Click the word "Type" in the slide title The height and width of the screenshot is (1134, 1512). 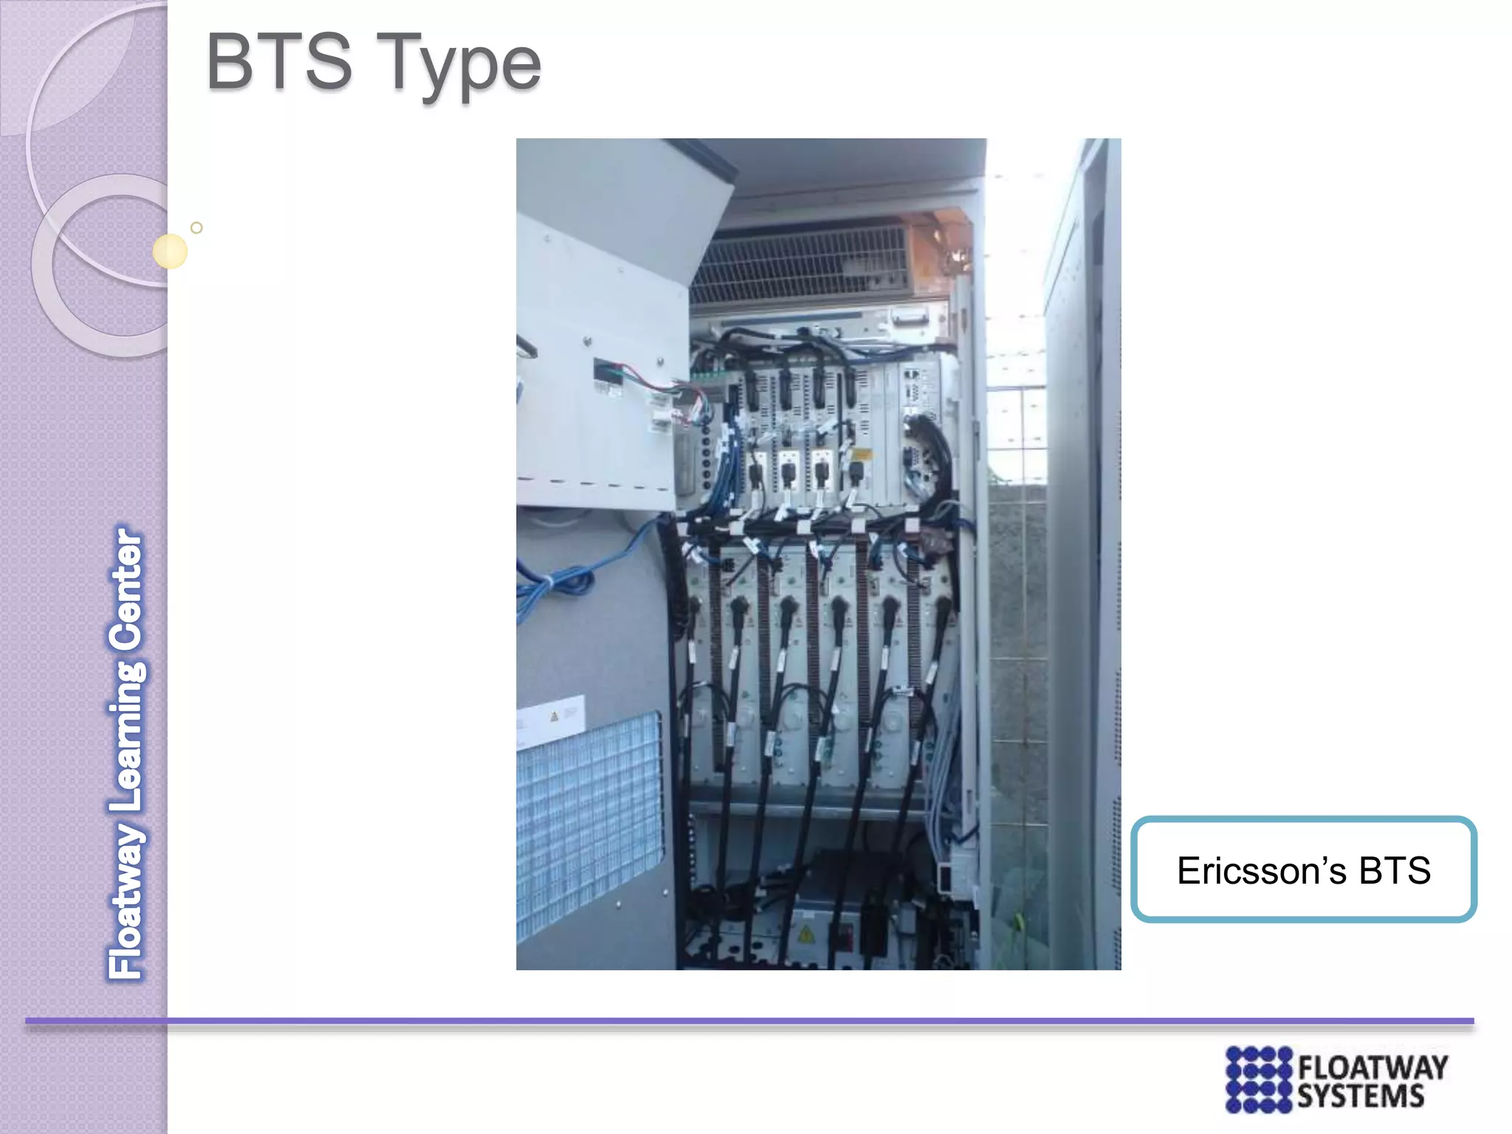[462, 66]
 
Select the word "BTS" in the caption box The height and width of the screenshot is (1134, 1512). [1395, 871]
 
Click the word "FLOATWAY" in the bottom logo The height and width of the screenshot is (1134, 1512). [1372, 1068]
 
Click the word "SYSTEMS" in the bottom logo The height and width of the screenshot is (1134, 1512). [1360, 1097]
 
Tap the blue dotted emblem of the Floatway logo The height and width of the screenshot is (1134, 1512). [1258, 1079]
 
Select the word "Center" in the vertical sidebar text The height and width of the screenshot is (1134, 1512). [127, 590]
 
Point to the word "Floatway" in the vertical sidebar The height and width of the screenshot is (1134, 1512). [127, 901]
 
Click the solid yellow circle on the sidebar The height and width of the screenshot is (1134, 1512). [170, 251]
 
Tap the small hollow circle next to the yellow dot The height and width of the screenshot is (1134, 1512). [196, 227]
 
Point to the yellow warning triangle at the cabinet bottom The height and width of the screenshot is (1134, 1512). [806, 934]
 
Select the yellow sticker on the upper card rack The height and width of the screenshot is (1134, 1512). [861, 454]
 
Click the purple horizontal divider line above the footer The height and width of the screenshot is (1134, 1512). [749, 1021]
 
